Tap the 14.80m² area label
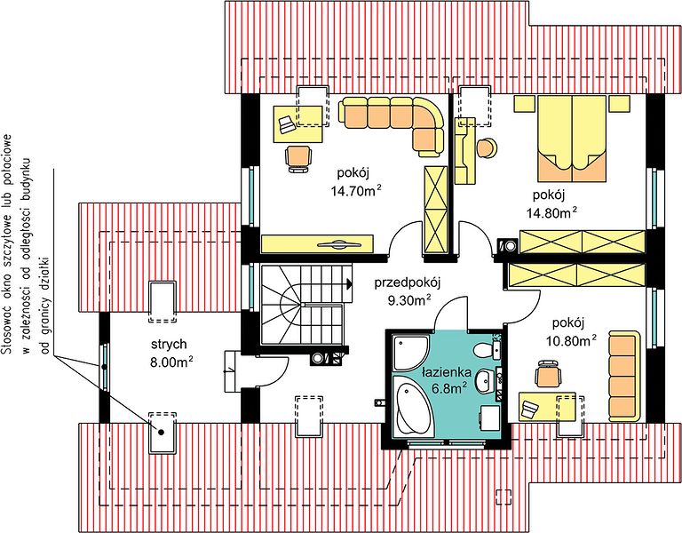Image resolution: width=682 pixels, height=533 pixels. point(552,212)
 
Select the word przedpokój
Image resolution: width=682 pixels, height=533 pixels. point(408,283)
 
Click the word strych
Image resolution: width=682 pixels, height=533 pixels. point(170,344)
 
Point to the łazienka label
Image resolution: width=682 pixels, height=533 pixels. point(447,372)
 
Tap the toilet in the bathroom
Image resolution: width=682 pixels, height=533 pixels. point(487,348)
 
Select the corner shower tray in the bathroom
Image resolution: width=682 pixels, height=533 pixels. point(410,353)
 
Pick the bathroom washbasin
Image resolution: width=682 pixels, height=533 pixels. point(487,381)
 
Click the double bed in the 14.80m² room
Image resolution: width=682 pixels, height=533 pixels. point(572,139)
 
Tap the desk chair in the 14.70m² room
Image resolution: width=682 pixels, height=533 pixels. point(298,159)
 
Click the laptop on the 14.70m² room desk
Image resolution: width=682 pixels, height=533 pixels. point(287,124)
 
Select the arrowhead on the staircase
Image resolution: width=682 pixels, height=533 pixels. point(348,284)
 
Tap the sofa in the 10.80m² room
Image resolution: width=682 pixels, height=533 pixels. point(624,376)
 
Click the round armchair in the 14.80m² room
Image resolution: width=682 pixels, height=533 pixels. point(488,147)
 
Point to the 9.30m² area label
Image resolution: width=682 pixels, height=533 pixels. point(409,300)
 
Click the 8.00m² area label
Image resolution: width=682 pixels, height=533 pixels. point(171,362)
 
